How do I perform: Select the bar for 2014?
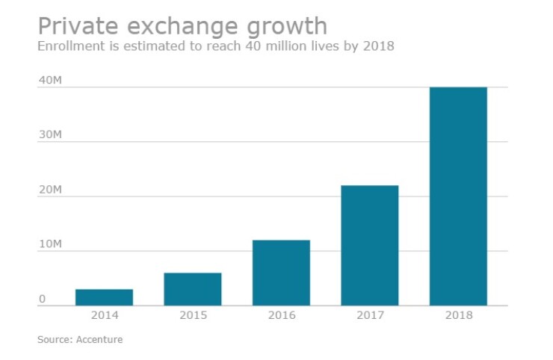coord(104,297)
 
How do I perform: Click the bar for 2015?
coord(192,289)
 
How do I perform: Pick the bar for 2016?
coord(281,273)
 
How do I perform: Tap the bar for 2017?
coord(369,246)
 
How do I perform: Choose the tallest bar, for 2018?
coord(458,196)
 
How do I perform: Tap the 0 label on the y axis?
coord(43,300)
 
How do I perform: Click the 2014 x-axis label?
coord(104,315)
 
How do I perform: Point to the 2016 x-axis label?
coord(281,315)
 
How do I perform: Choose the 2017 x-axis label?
coord(369,315)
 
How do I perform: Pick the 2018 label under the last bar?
coord(458,315)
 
